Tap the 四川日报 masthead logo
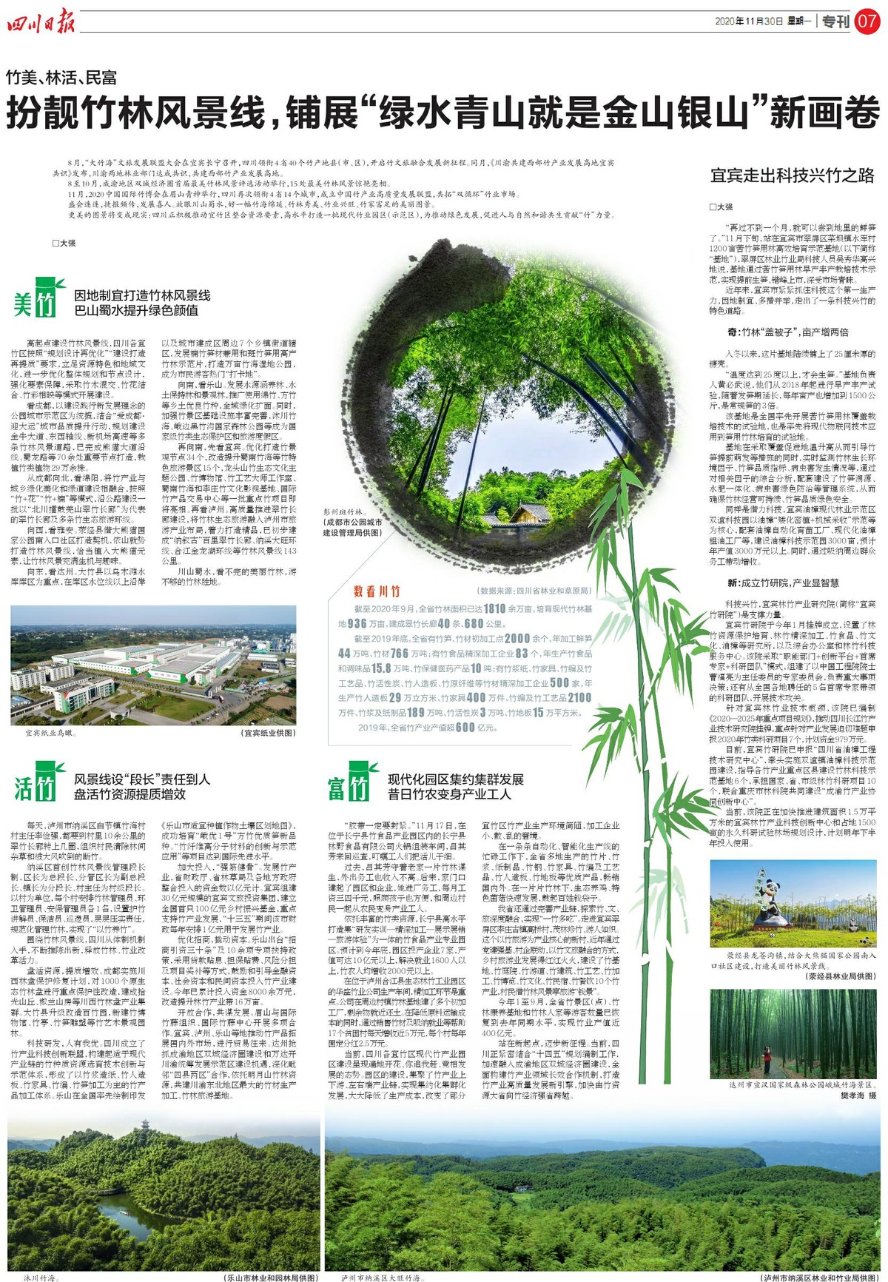[x=42, y=22]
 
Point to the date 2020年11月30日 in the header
[x=748, y=21]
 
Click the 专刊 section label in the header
[x=835, y=21]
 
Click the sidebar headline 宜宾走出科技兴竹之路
[x=792, y=175]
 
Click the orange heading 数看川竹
[x=377, y=591]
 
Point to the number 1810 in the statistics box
[x=494, y=608]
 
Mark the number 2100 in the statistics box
[x=579, y=697]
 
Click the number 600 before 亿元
[x=465, y=728]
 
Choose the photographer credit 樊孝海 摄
[x=858, y=1095]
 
